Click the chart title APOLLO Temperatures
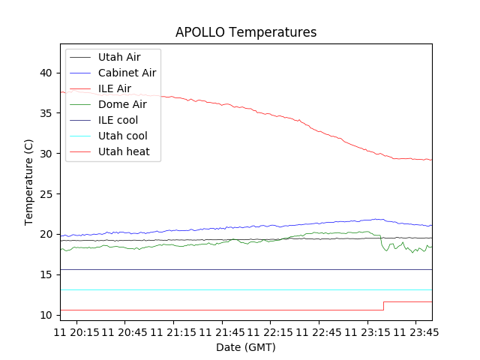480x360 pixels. [246, 32]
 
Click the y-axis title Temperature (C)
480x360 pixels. [28, 182]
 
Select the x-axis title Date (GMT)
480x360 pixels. [246, 347]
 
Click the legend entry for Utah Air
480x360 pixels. [119, 57]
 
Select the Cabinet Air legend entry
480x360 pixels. [127, 73]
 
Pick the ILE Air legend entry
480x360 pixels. [115, 88]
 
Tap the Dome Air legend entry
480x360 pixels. [122, 104]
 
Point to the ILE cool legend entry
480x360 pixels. [118, 120]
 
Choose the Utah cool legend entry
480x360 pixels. [122, 136]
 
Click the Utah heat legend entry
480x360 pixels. [124, 151]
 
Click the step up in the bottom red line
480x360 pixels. [383, 306]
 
